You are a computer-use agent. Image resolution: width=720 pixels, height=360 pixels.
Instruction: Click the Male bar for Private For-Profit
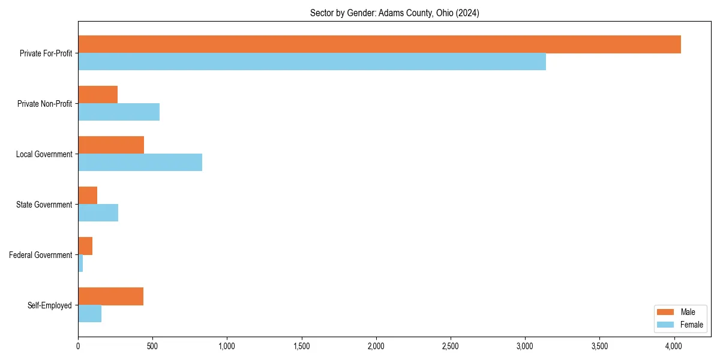[x=379, y=44]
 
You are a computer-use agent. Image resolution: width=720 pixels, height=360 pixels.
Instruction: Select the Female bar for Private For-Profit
[x=312, y=62]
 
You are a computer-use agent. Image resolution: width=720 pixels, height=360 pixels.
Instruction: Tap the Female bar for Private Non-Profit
[x=119, y=112]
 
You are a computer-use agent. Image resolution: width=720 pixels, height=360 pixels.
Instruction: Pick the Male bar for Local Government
[x=111, y=145]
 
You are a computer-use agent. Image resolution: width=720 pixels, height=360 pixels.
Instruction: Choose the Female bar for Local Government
[x=140, y=163]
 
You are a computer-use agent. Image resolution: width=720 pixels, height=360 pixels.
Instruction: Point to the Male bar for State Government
[x=88, y=196]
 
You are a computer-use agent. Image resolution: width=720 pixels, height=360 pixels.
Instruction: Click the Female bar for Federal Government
[x=80, y=263]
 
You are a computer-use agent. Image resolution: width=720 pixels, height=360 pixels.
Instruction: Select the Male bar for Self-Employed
[x=110, y=296]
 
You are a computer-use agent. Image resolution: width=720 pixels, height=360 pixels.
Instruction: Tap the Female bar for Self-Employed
[x=89, y=314]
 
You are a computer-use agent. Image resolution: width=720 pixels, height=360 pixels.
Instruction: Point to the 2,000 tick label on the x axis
[x=376, y=346]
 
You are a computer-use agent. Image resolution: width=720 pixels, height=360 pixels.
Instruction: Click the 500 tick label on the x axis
[x=152, y=346]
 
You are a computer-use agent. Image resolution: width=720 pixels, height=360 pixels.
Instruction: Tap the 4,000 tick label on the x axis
[x=674, y=346]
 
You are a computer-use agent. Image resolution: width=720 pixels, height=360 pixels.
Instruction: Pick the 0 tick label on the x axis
[x=78, y=346]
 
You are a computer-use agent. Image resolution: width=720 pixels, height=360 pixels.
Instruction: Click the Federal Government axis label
[x=41, y=255]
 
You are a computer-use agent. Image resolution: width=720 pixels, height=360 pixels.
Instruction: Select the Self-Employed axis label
[x=50, y=305]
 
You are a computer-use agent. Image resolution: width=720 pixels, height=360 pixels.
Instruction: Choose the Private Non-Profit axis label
[x=44, y=104]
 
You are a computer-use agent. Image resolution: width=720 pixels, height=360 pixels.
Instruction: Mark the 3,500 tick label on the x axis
[x=599, y=346]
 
